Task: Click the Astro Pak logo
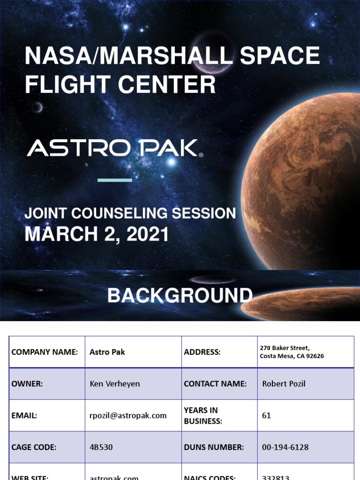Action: coord(115,148)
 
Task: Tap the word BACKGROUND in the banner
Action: coord(180,296)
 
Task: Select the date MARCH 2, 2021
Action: coord(97,234)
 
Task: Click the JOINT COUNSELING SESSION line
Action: coord(130,213)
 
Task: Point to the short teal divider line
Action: coord(115,180)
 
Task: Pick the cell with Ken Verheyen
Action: coord(114,383)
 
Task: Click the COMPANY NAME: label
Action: coord(45,352)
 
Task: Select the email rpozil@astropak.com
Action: coord(128,415)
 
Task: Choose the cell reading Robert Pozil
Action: coord(284,383)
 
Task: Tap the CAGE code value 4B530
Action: coord(101,447)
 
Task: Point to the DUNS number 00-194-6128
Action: coord(285,447)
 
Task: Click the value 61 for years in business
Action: coord(266,415)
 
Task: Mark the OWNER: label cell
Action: coord(27,383)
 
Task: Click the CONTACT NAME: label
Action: coord(215,383)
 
